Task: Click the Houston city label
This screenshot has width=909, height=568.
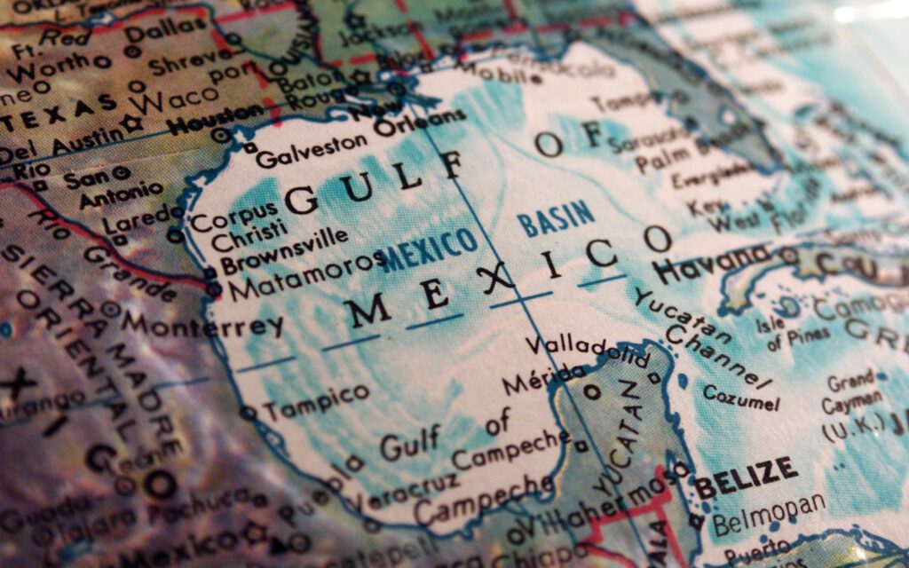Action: coord(216,119)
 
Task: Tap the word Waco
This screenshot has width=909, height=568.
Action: coord(177,97)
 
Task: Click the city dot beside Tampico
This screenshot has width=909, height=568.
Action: coord(248,412)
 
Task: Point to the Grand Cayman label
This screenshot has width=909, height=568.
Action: coord(851,393)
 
